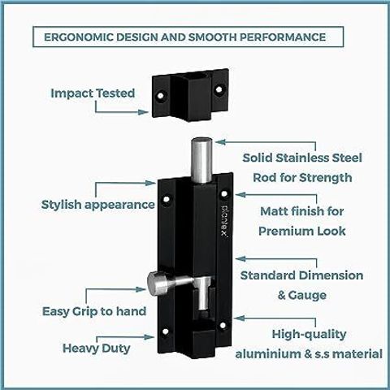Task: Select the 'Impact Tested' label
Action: tap(93, 93)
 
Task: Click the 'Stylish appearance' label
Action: tap(97, 205)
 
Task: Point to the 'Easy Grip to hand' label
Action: tap(94, 311)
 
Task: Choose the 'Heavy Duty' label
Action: tap(97, 349)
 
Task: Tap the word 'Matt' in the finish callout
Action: tap(274, 211)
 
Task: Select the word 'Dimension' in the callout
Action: tap(331, 275)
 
